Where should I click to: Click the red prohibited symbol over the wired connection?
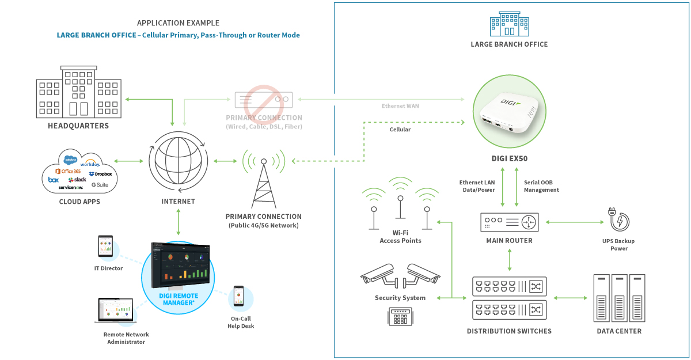[x=263, y=101]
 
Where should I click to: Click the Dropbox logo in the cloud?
[x=100, y=173]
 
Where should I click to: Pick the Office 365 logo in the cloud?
[x=67, y=171]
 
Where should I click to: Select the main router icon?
[x=509, y=222]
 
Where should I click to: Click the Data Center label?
[x=619, y=331]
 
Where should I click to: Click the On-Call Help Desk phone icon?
[x=238, y=297]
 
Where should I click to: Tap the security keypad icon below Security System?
[x=400, y=316]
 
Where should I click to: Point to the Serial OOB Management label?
[x=541, y=186]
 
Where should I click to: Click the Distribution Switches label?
[x=509, y=331]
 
